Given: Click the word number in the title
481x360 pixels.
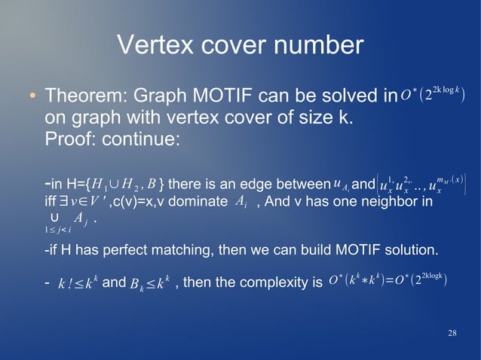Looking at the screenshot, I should tap(317, 47).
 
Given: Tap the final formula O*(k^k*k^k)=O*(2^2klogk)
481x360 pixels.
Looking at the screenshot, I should tap(389, 281).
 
